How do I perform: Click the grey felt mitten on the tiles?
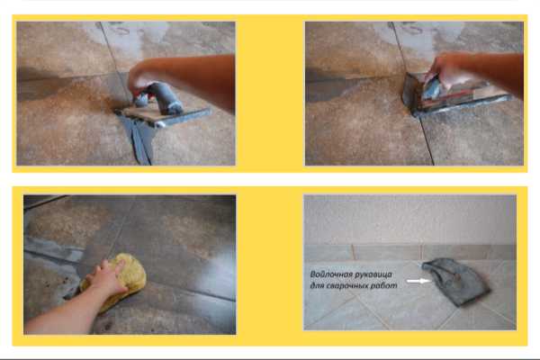click(x=456, y=281)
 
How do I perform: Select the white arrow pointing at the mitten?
click(x=418, y=281)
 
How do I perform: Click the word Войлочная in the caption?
click(x=331, y=274)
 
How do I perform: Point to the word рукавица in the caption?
click(x=374, y=274)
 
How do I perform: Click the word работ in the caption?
click(x=386, y=286)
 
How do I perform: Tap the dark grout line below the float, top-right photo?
click(x=427, y=141)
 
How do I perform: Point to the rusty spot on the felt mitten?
click(x=454, y=276)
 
